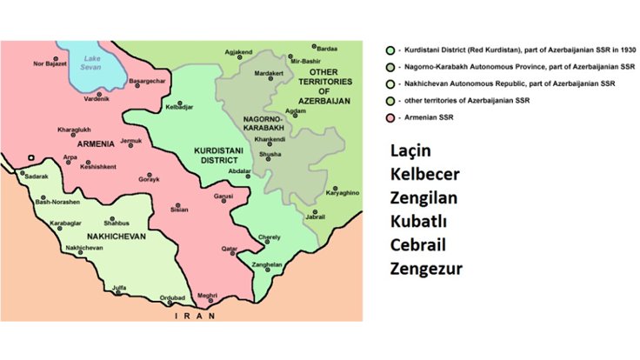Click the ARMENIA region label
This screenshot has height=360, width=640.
[x=96, y=143]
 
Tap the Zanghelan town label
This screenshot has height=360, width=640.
[x=266, y=264]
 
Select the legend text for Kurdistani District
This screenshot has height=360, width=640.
[x=503, y=50]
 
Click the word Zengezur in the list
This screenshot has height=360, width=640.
[x=425, y=269]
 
